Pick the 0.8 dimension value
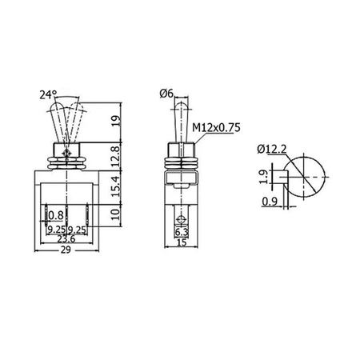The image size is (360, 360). pyautogui.click(x=56, y=215)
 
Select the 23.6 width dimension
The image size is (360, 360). pyautogui.click(x=66, y=238)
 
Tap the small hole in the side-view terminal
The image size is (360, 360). pyautogui.click(x=182, y=216)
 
